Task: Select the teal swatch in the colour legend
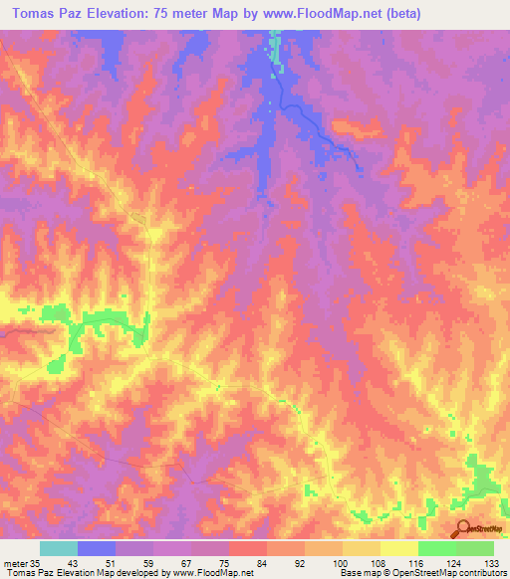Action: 59,548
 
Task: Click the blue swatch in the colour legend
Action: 97,548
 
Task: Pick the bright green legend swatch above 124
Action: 436,548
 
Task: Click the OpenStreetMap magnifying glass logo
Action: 461,529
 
